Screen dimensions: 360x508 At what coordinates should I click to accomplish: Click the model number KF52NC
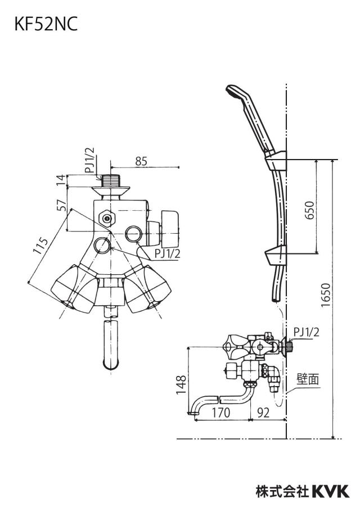(46, 25)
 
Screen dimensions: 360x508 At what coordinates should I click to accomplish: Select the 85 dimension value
(141, 161)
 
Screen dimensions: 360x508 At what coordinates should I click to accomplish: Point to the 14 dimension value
(61, 180)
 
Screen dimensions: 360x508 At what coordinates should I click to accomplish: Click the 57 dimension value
(61, 205)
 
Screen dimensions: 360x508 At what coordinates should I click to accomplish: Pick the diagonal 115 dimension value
(41, 246)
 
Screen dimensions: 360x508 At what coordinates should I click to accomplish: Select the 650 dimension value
(310, 210)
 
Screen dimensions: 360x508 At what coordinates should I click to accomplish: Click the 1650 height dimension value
(325, 296)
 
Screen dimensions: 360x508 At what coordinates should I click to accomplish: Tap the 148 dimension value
(181, 385)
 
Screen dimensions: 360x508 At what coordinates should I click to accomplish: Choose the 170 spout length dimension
(221, 412)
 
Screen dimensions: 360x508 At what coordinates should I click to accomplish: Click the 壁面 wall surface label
(308, 379)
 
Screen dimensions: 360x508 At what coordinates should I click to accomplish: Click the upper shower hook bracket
(276, 160)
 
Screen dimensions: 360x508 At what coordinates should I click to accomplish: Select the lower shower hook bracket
(276, 255)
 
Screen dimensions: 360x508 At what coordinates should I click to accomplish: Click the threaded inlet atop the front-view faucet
(111, 180)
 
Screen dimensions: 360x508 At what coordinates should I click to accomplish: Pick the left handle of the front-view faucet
(75, 288)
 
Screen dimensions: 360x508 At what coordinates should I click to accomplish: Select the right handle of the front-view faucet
(147, 288)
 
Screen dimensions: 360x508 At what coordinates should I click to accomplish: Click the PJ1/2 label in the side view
(307, 332)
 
